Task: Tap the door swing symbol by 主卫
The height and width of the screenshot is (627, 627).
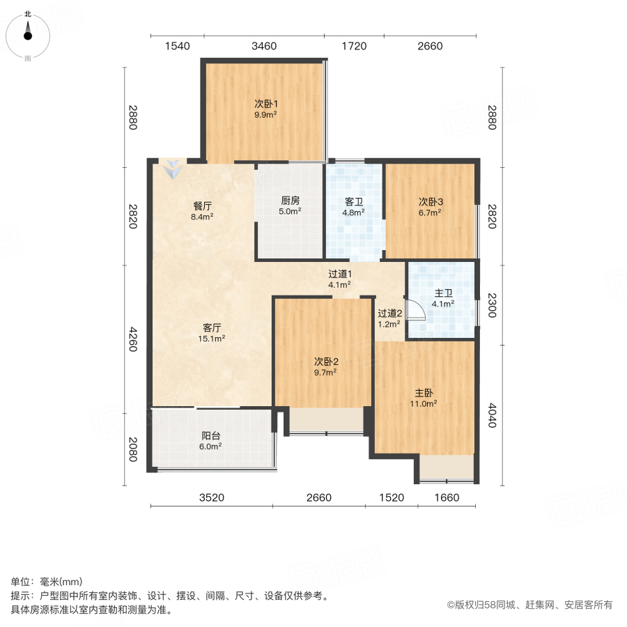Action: click(415, 309)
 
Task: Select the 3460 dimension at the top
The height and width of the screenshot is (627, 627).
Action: click(264, 47)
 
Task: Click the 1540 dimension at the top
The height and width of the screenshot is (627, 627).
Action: click(177, 47)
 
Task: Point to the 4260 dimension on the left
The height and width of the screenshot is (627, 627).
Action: click(132, 339)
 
